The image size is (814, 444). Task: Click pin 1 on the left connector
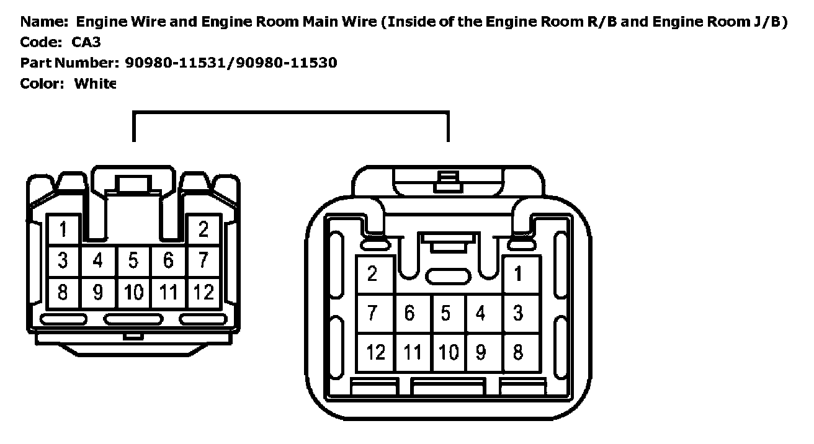click(x=63, y=230)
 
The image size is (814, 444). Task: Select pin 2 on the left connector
click(x=203, y=230)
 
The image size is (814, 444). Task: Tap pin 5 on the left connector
click(x=133, y=260)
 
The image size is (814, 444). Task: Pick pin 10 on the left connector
click(x=133, y=291)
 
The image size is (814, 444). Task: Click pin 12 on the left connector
click(x=203, y=291)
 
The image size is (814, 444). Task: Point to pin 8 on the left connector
click(x=63, y=291)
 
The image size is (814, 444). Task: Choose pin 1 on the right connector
click(x=519, y=273)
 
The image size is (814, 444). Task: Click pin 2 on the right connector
click(x=372, y=273)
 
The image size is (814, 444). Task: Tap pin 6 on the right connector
click(x=409, y=313)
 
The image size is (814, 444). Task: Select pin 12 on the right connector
click(x=375, y=352)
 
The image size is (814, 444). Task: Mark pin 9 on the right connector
click(x=481, y=352)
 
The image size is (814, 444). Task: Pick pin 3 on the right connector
click(x=519, y=313)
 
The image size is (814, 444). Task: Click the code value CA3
click(x=87, y=43)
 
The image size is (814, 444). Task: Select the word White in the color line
click(x=94, y=84)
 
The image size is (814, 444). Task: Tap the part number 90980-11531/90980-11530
click(x=231, y=63)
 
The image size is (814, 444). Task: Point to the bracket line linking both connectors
click(x=290, y=113)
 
